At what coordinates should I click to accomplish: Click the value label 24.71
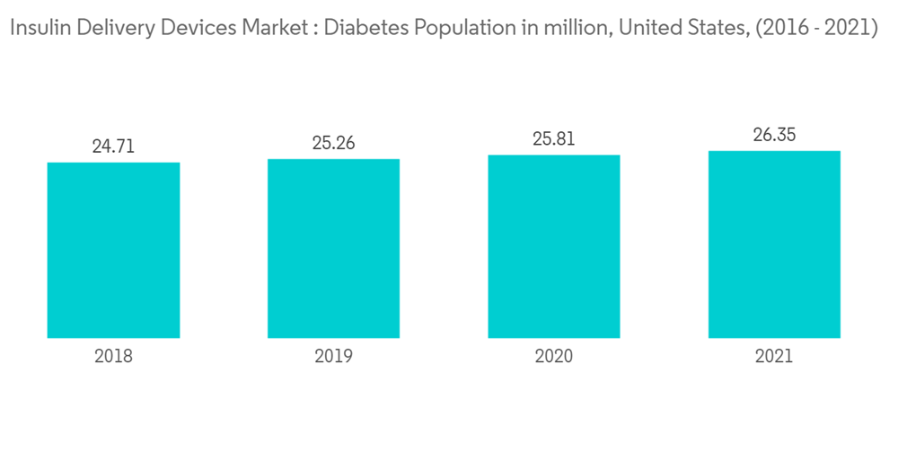click(x=113, y=146)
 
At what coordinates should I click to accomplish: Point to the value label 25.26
click(x=333, y=143)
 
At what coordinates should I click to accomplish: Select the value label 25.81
click(x=554, y=139)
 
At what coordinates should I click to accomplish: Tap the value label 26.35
click(x=774, y=136)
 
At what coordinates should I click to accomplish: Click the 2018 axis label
click(x=113, y=357)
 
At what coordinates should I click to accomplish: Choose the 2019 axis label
click(x=333, y=357)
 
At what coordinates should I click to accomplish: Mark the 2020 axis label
click(x=554, y=357)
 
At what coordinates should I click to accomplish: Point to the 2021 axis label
click(x=774, y=357)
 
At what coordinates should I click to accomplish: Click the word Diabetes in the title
click(x=363, y=28)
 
